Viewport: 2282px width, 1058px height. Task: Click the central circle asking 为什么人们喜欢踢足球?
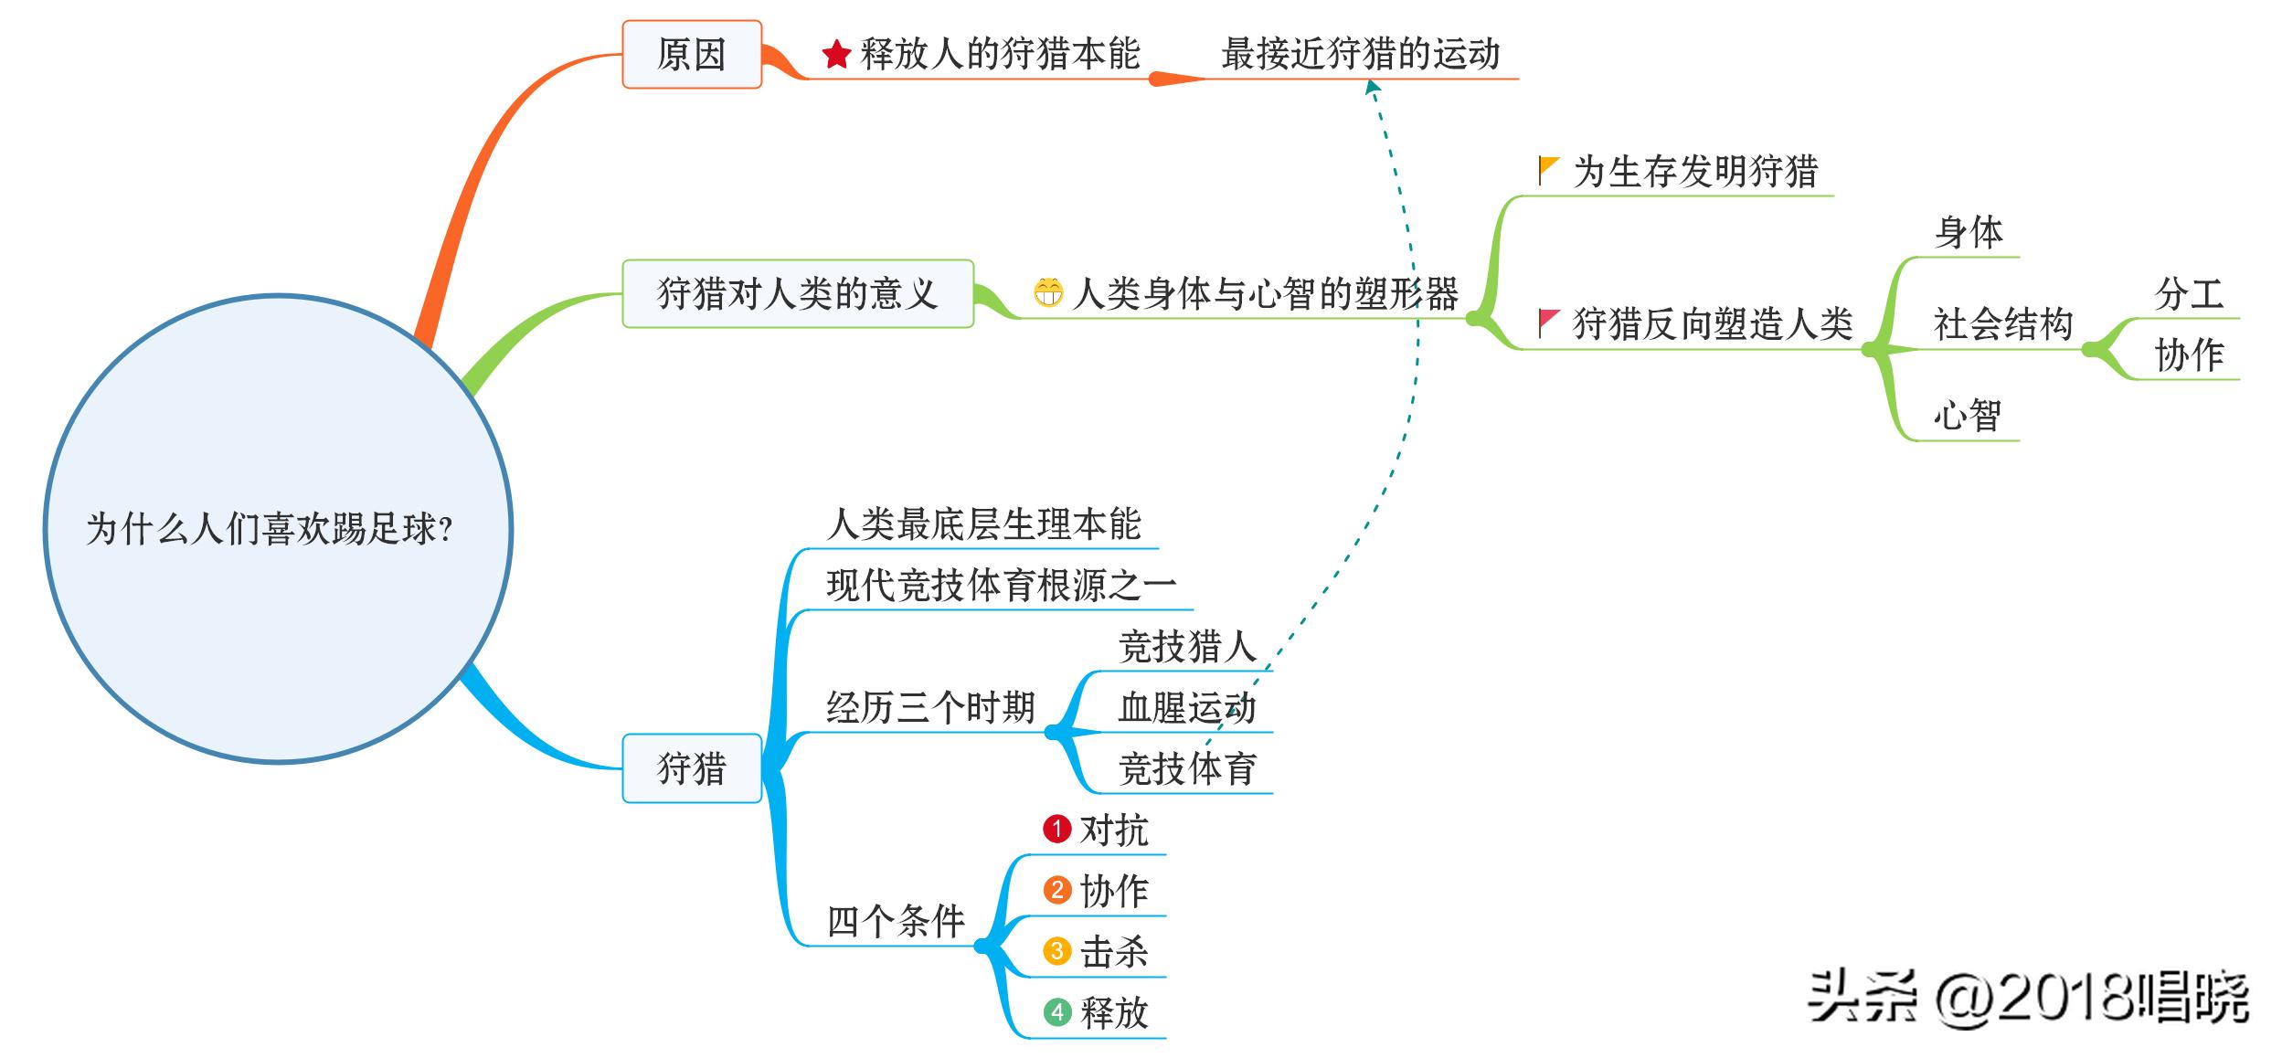pos(278,528)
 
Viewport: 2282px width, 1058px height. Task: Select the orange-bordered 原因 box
pos(691,55)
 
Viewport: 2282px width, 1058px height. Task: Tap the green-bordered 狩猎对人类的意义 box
pos(797,293)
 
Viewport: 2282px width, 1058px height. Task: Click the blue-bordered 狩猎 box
pos(691,768)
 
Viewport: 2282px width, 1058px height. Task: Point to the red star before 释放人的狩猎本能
pos(836,55)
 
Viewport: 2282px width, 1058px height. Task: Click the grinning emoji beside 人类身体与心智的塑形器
pos(1048,293)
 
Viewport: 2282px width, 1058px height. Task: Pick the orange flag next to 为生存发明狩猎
pos(1548,170)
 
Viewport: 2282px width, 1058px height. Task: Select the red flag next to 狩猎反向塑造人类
pos(1548,323)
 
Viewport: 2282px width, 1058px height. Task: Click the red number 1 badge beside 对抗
pos(1056,829)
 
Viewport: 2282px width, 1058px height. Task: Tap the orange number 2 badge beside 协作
pos(1056,890)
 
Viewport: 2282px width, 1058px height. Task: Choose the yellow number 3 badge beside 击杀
pos(1056,951)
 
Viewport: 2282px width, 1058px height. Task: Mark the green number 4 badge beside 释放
pos(1056,1012)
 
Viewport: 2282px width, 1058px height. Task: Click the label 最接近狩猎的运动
pos(1360,55)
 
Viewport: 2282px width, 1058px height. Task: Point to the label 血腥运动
pos(1186,708)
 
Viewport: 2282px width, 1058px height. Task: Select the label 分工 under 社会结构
pos(2189,294)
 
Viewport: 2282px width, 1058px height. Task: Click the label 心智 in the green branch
pos(1967,416)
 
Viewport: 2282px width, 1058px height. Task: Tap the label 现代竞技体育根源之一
pos(1001,586)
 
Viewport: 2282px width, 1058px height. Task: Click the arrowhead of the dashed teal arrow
pos(1371,87)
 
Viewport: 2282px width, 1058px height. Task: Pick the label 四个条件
pos(896,921)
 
